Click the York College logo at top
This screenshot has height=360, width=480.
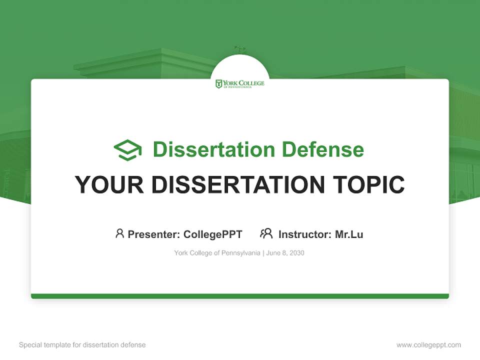click(240, 83)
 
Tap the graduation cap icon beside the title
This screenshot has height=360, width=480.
click(127, 150)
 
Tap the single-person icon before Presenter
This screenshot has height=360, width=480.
click(119, 233)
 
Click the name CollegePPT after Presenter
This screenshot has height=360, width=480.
click(212, 234)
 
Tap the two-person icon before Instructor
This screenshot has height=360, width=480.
click(266, 233)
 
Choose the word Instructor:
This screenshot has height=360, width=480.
click(304, 234)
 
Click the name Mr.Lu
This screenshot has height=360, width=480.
click(349, 234)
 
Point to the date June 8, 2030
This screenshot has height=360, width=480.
click(285, 253)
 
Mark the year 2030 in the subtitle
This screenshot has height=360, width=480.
click(296, 253)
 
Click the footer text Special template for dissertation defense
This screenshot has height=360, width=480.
click(82, 345)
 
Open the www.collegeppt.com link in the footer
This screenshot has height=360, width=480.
click(428, 345)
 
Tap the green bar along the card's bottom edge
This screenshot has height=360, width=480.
click(240, 296)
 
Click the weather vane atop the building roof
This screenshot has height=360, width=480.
click(239, 50)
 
